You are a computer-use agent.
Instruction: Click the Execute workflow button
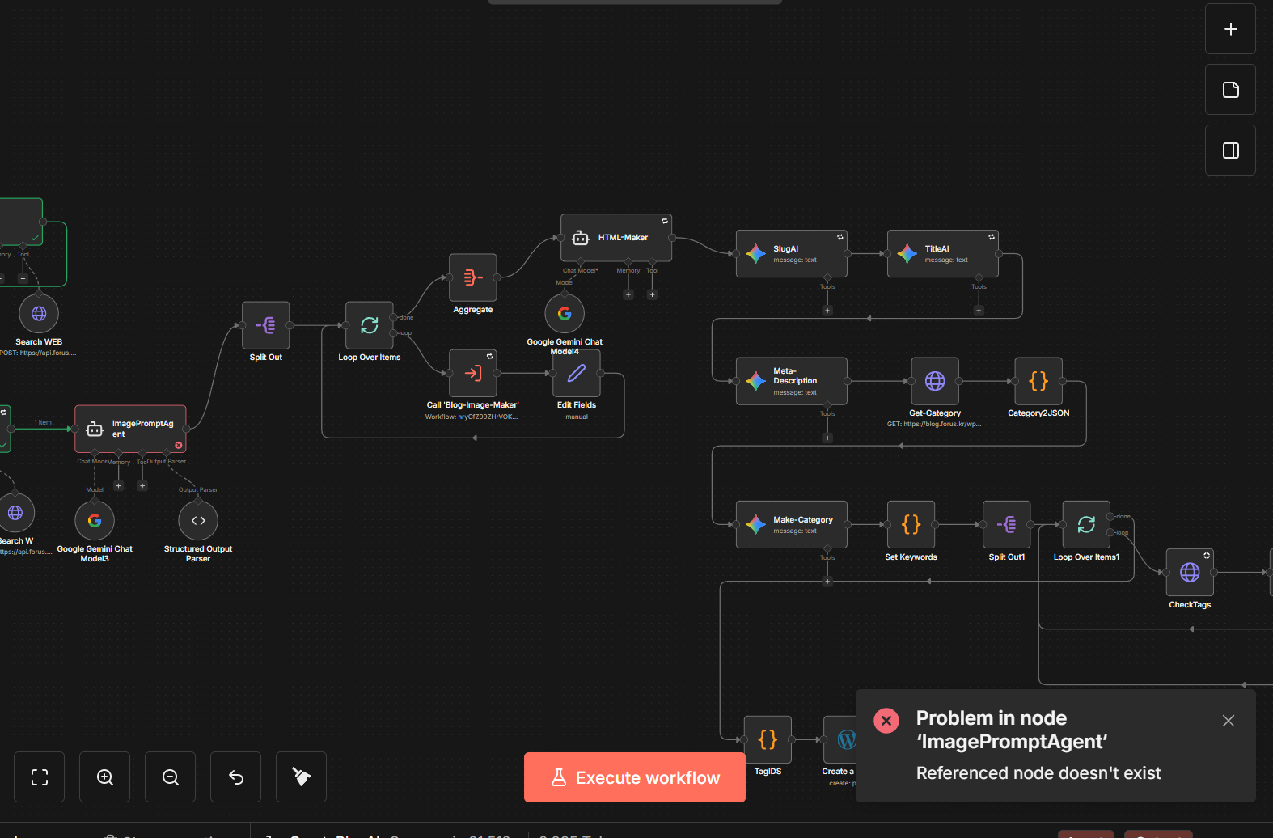point(635,777)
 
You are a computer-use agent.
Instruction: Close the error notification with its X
point(1228,721)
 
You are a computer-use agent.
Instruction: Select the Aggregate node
point(473,277)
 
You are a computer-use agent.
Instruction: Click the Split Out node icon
point(265,325)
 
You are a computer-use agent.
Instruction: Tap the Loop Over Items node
point(369,325)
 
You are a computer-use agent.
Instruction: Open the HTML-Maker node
point(616,238)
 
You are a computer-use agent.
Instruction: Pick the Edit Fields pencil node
point(577,373)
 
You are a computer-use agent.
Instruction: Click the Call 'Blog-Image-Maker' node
point(473,373)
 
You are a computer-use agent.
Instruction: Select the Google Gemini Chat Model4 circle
point(565,313)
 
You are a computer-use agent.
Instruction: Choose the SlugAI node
point(791,254)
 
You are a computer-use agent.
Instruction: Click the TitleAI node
point(942,254)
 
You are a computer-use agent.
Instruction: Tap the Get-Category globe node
point(935,381)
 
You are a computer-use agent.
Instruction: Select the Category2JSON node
point(1038,381)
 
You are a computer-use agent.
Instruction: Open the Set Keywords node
point(911,524)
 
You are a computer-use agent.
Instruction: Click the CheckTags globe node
point(1190,572)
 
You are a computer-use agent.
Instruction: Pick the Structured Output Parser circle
point(198,520)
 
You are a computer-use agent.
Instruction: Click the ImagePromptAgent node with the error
point(130,429)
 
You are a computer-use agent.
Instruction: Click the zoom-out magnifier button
point(171,777)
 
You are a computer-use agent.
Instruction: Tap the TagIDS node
point(768,739)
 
